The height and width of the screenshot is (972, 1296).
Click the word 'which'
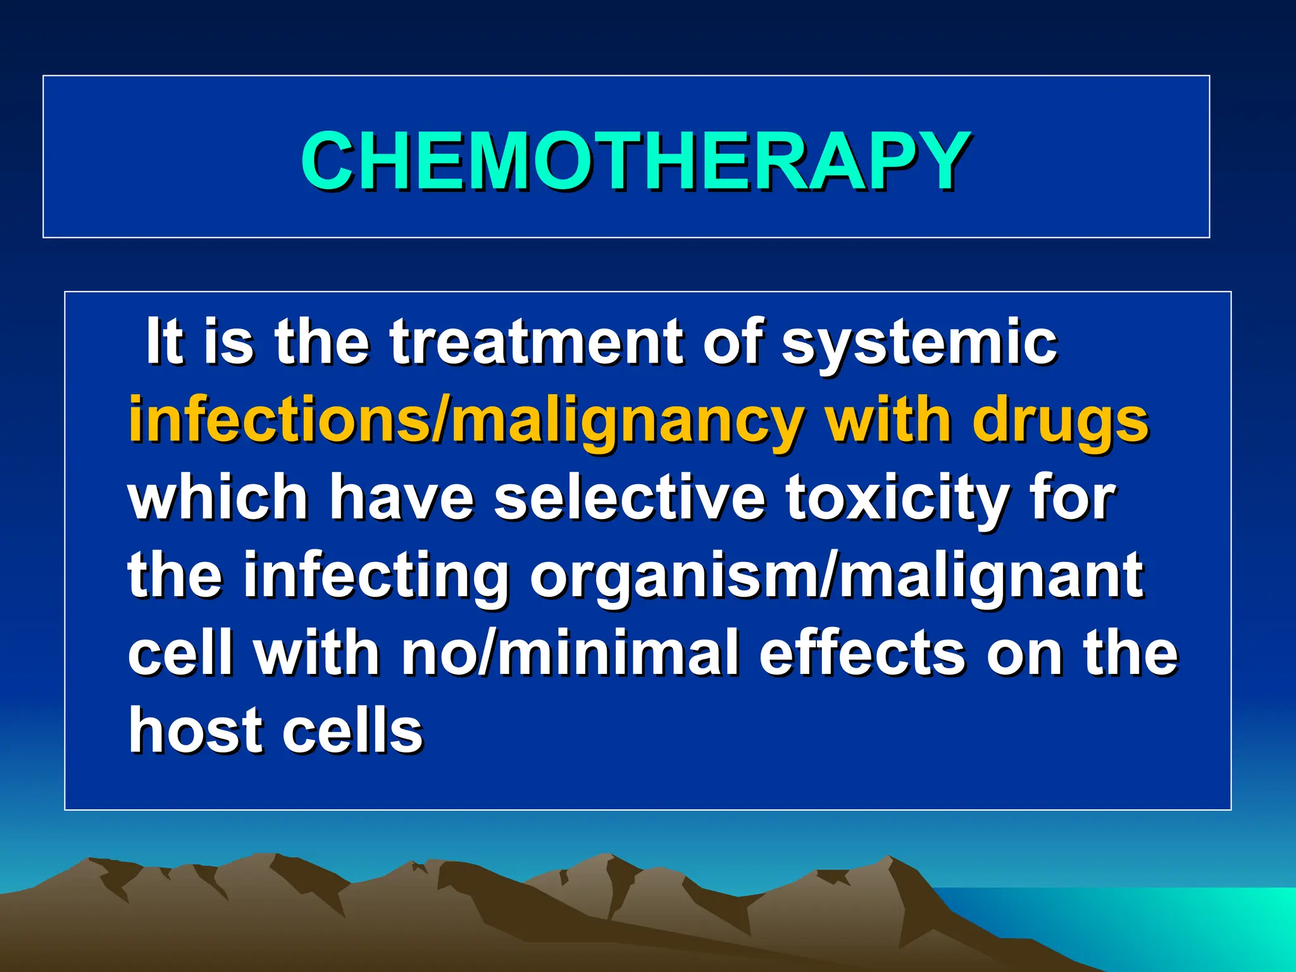pos(218,498)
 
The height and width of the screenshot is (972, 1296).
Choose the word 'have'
pos(401,498)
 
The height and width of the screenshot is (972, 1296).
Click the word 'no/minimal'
pos(570,653)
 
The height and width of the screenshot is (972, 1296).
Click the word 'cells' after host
pos(352,731)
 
